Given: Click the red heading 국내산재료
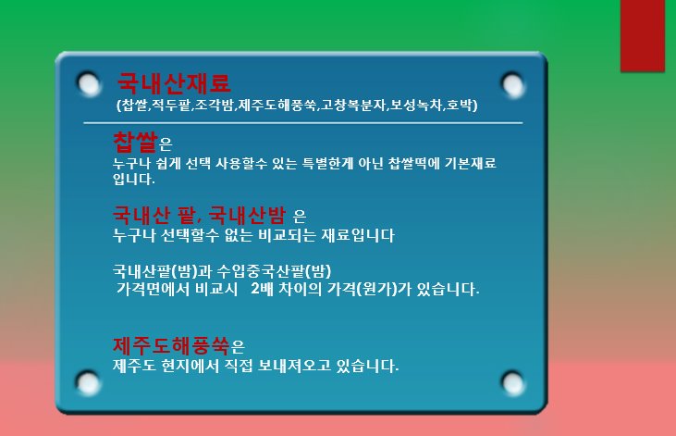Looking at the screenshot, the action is pyautogui.click(x=174, y=83).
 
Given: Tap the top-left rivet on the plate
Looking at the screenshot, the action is pyautogui.click(x=89, y=83).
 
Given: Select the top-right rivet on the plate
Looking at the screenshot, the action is pyautogui.click(x=512, y=84).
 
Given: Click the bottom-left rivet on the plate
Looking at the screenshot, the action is pyautogui.click(x=89, y=383).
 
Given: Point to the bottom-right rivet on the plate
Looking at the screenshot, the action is pyautogui.click(x=512, y=383).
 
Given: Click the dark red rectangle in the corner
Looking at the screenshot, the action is pyautogui.click(x=643, y=35).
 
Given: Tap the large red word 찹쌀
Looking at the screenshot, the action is pyautogui.click(x=135, y=142).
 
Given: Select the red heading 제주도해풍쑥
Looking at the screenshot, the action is pyautogui.click(x=171, y=346).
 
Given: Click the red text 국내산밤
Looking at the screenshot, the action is pyautogui.click(x=248, y=215).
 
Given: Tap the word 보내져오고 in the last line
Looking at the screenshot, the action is pyautogui.click(x=294, y=366).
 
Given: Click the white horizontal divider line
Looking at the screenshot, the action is pyautogui.click(x=303, y=122).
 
